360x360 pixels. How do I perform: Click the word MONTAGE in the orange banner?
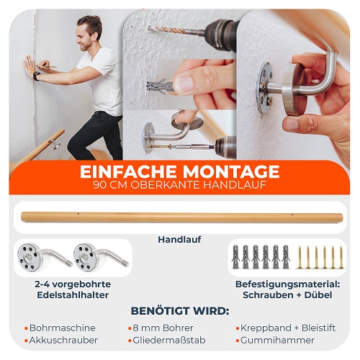pyautogui.click(x=231, y=171)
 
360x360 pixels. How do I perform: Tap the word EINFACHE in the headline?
pyautogui.click(x=128, y=171)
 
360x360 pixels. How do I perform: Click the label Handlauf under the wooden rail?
pyautogui.click(x=179, y=239)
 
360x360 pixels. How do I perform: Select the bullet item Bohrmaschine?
pyautogui.click(x=63, y=328)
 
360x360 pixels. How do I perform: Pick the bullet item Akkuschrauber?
pyautogui.click(x=63, y=340)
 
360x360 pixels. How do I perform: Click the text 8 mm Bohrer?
pyautogui.click(x=163, y=328)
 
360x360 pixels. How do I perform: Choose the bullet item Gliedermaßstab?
pyautogui.click(x=169, y=340)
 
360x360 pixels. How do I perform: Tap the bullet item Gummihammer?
pyautogui.click(x=277, y=340)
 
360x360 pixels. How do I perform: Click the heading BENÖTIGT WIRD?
pyautogui.click(x=180, y=311)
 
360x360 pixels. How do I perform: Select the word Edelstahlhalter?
pyautogui.click(x=73, y=295)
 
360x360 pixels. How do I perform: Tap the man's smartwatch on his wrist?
pyautogui.click(x=37, y=76)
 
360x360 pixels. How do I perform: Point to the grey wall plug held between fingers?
pyautogui.click(x=159, y=86)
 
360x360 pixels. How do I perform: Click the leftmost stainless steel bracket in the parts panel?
pyautogui.click(x=45, y=257)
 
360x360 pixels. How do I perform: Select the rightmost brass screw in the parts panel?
pyautogui.click(x=341, y=257)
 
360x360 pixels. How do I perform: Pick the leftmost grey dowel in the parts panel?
pyautogui.click(x=235, y=256)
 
